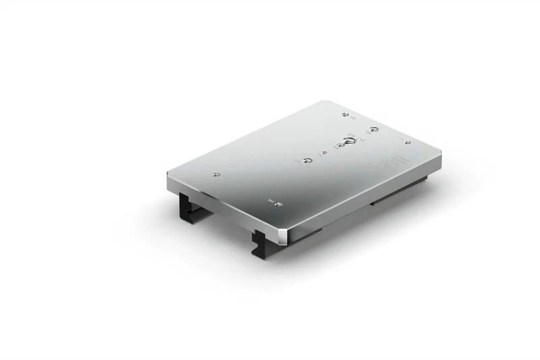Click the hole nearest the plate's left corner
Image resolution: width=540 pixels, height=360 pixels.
coord(215,175)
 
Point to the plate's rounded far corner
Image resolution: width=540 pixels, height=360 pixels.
coord(327,103)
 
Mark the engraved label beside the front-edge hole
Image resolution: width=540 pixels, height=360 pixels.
coord(271,201)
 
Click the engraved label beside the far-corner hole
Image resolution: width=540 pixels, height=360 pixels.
coord(352,118)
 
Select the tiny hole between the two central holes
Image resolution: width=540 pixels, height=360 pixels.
coord(324,153)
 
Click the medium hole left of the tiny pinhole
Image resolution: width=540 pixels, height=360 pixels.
coord(308,160)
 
